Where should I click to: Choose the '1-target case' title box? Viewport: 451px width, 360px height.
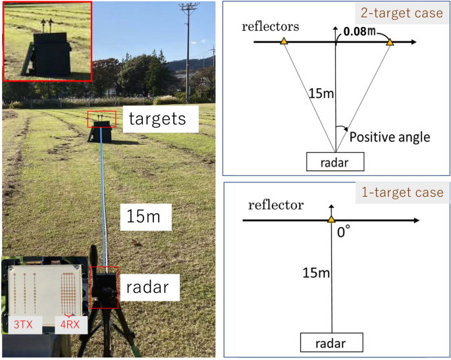pyautogui.click(x=400, y=193)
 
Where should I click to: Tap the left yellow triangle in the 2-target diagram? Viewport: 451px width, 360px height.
pyautogui.click(x=283, y=41)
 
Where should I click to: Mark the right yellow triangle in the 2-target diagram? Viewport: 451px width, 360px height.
pyautogui.click(x=390, y=41)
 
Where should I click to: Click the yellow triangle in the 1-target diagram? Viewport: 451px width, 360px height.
pyautogui.click(x=331, y=219)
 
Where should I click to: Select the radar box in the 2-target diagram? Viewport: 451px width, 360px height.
pyautogui.click(x=335, y=161)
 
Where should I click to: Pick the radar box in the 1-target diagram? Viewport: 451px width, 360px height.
pyautogui.click(x=331, y=342)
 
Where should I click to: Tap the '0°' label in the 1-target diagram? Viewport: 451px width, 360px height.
pyautogui.click(x=343, y=232)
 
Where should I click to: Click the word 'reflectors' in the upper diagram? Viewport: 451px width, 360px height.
pyautogui.click(x=270, y=26)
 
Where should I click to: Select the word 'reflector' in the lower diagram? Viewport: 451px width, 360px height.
pyautogui.click(x=275, y=205)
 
